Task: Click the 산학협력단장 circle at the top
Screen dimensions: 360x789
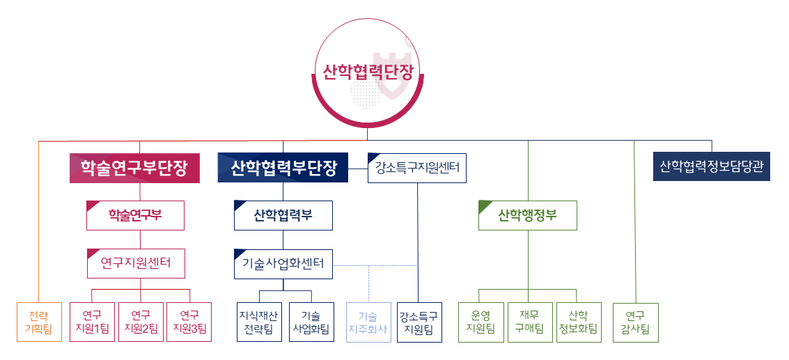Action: (x=367, y=72)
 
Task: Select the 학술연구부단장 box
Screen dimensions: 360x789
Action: (x=134, y=168)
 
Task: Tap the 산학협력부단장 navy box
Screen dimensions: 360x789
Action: (x=283, y=168)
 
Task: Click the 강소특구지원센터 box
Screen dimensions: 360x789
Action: (x=417, y=168)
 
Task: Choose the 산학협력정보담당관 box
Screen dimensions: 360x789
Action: (x=711, y=166)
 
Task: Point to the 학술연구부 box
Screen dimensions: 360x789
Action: (x=135, y=215)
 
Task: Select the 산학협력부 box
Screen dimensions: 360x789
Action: (x=283, y=215)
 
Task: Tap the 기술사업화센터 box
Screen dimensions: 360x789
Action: (x=283, y=263)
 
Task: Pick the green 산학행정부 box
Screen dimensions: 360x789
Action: (x=527, y=215)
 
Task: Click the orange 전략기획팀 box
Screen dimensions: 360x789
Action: (x=39, y=322)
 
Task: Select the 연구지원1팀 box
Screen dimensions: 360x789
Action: (x=92, y=322)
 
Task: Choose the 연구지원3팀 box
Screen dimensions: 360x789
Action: (x=189, y=322)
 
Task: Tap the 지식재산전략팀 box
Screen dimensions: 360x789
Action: (x=259, y=322)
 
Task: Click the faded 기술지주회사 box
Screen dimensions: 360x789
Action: (x=368, y=322)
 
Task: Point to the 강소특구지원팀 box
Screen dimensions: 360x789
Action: (x=419, y=322)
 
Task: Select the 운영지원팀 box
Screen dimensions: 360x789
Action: (x=481, y=322)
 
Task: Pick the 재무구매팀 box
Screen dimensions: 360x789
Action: (x=529, y=322)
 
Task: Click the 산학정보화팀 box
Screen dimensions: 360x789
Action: (x=578, y=322)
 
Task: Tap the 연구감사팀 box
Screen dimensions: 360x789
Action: (x=635, y=322)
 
